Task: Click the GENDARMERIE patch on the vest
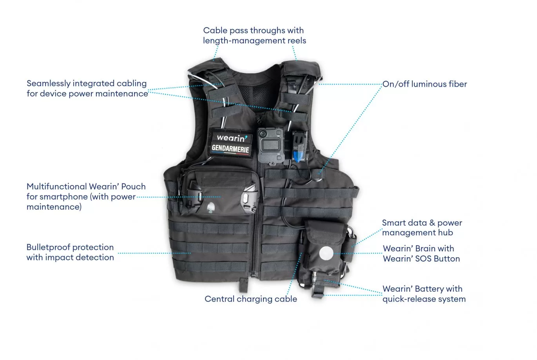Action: pyautogui.click(x=230, y=149)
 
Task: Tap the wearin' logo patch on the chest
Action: pyautogui.click(x=232, y=138)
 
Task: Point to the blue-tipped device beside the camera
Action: pyautogui.click(x=299, y=147)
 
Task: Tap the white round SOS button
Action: pyautogui.click(x=326, y=253)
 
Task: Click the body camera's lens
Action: pyautogui.click(x=263, y=133)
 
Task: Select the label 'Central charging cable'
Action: pyautogui.click(x=251, y=299)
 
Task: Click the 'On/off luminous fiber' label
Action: pyautogui.click(x=425, y=84)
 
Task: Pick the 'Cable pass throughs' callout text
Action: pyautogui.click(x=255, y=36)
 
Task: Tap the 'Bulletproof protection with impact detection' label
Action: pyautogui.click(x=70, y=252)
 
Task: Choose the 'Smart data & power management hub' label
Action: pyautogui.click(x=422, y=227)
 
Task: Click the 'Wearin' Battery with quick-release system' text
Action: pyautogui.click(x=424, y=294)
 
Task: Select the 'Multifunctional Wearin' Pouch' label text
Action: pyautogui.click(x=86, y=196)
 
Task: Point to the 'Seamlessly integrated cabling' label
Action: pyautogui.click(x=87, y=89)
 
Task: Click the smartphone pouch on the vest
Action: pyautogui.click(x=220, y=191)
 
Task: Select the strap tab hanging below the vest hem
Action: pyautogui.click(x=243, y=285)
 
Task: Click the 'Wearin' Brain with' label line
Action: pyautogui.click(x=418, y=249)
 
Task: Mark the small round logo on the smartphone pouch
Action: pyautogui.click(x=211, y=207)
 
